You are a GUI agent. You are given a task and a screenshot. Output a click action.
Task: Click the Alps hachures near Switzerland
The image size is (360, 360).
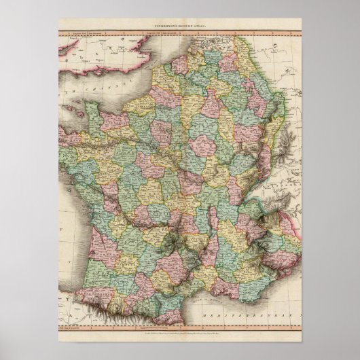click(x=272, y=197)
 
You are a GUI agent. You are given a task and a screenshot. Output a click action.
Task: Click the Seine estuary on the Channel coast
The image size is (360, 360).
click(x=136, y=97)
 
